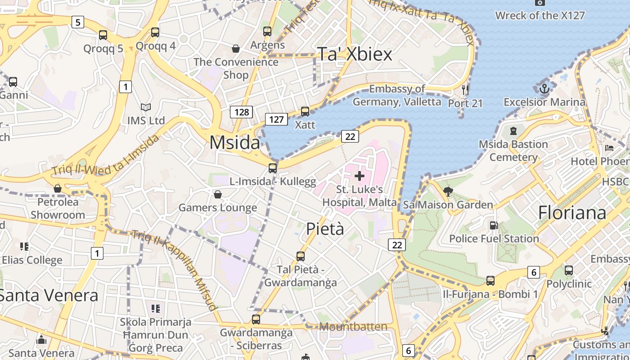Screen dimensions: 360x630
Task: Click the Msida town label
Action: [x=234, y=143]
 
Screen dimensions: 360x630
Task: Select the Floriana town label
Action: [x=572, y=212]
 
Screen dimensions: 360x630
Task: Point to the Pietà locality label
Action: [x=325, y=229]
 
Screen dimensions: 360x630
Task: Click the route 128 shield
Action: [x=242, y=112]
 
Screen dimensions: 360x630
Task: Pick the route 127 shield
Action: [x=276, y=119]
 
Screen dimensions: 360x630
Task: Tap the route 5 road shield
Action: [x=78, y=22]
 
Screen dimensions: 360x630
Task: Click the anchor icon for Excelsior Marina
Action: [x=544, y=88]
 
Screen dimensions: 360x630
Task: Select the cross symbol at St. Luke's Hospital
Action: [x=359, y=176]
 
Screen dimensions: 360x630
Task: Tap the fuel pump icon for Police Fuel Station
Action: [x=494, y=225]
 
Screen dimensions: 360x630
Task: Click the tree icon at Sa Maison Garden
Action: [x=448, y=192]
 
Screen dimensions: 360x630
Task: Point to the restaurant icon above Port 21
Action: [x=465, y=90]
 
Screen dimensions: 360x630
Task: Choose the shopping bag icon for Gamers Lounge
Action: [x=218, y=194]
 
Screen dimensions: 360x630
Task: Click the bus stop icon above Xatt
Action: [x=305, y=111]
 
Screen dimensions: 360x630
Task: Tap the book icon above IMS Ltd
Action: [x=146, y=108]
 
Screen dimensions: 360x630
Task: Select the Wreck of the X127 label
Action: [x=540, y=16]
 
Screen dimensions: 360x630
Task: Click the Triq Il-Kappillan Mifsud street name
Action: [x=175, y=269]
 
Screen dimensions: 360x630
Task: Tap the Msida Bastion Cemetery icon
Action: [x=513, y=131]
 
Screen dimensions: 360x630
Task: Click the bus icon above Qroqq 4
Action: [x=155, y=32]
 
